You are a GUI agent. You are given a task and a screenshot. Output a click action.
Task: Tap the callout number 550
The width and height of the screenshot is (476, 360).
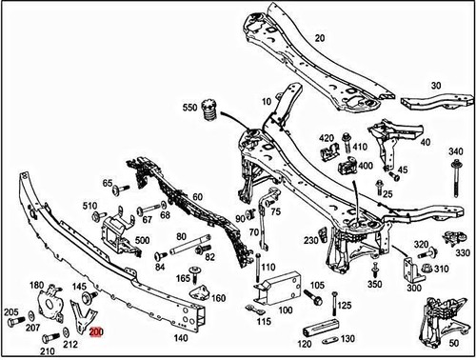[x=190, y=108]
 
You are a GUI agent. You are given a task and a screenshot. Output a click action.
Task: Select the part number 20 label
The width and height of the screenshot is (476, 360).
[x=319, y=38]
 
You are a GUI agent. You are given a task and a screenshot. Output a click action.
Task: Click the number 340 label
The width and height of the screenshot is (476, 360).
[x=455, y=151]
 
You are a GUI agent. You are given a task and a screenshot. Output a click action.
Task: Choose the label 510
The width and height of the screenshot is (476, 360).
[x=89, y=205]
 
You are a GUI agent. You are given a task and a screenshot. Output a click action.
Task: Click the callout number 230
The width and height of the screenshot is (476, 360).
[x=310, y=241]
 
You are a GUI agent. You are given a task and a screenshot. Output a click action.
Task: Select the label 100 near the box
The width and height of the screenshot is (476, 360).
[x=283, y=310]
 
